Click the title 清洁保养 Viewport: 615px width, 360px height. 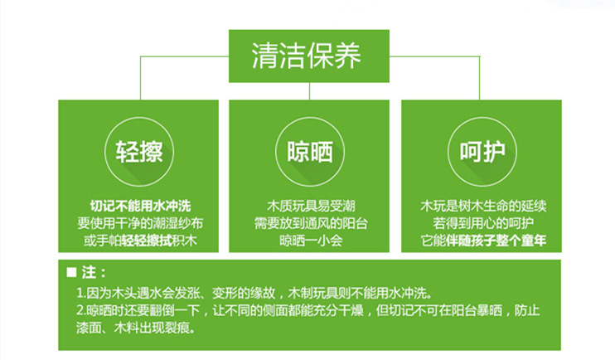pos(306,56)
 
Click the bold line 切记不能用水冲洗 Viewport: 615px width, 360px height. pos(140,206)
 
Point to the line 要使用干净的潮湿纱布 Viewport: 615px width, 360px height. pos(140,223)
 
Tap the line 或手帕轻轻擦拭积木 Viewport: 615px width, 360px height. pos(140,241)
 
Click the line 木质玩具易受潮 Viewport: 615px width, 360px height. pos(311,206)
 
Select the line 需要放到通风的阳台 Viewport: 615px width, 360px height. pos(311,223)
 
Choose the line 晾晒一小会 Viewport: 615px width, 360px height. pos(311,241)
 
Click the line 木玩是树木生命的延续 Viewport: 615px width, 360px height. pos(483,206)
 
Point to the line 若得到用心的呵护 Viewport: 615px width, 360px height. pos(483,223)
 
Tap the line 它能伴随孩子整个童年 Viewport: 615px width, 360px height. pos(483,241)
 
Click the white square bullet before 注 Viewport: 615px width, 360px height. pos(71,272)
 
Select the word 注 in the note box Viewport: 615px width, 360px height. pos(89,272)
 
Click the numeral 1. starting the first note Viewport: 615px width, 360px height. pos(81,294)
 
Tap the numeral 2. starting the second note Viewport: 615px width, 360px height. pos(81,310)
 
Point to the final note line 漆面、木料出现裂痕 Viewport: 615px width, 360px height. pos(136,328)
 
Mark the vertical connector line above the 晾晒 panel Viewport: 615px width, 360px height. pos(309,91)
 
